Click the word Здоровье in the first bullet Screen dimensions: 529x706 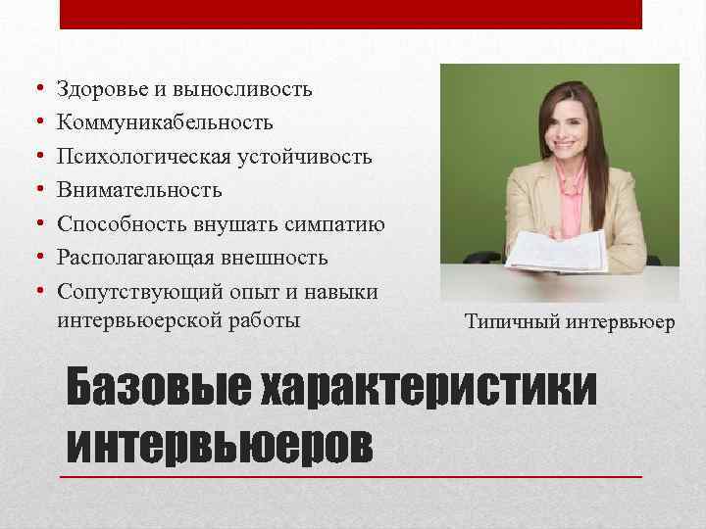pos(99,90)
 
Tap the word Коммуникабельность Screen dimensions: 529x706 pos(165,123)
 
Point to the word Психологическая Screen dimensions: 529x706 pos(140,157)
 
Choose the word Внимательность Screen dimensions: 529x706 pos(139,190)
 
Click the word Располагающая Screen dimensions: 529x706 pos(131,258)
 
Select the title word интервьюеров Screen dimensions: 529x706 pos(220,445)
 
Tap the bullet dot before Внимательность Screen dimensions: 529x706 pos(36,190)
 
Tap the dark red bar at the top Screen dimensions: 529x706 pos(351,14)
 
